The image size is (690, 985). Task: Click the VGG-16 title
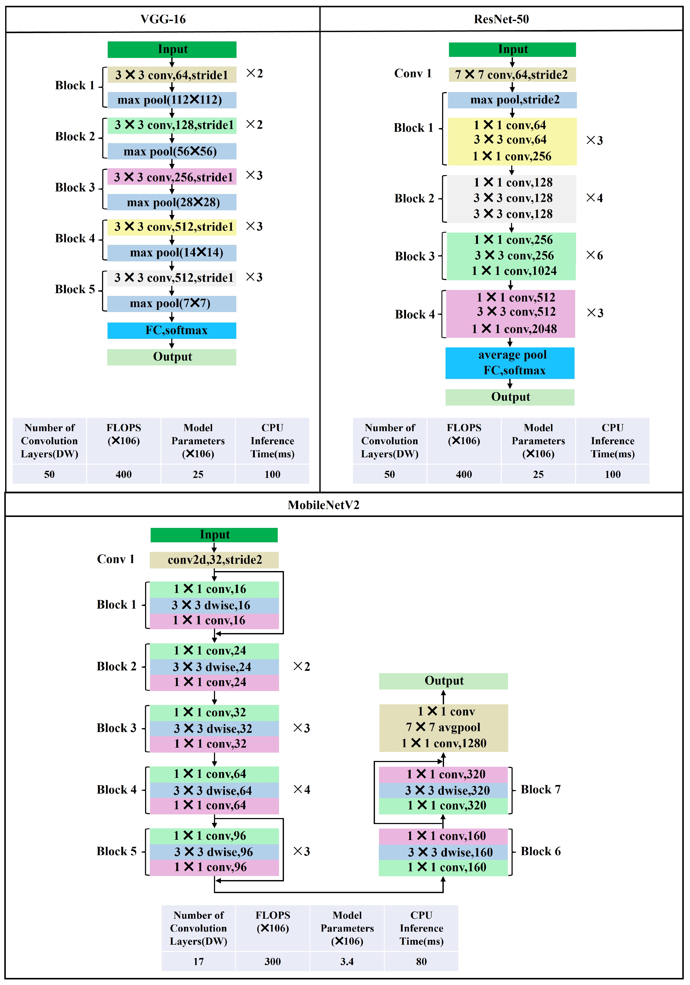[x=163, y=19]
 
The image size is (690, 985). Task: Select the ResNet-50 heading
[x=501, y=19]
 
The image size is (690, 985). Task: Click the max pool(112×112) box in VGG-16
[x=172, y=100]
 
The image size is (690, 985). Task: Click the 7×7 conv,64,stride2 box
[x=512, y=75]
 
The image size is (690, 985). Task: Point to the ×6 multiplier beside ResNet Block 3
[x=594, y=255]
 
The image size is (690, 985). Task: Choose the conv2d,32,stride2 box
[x=214, y=560]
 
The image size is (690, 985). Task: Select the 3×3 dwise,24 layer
[x=214, y=667]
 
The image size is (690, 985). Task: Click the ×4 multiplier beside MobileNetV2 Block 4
[x=301, y=789]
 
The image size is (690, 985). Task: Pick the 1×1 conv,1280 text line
[x=444, y=743]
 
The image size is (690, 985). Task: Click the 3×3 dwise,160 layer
[x=443, y=852]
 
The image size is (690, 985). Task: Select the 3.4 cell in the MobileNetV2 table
[x=347, y=961]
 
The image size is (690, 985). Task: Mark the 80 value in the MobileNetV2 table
[x=421, y=961]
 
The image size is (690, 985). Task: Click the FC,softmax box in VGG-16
[x=172, y=330]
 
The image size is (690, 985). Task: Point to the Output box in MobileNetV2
[x=444, y=681]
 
